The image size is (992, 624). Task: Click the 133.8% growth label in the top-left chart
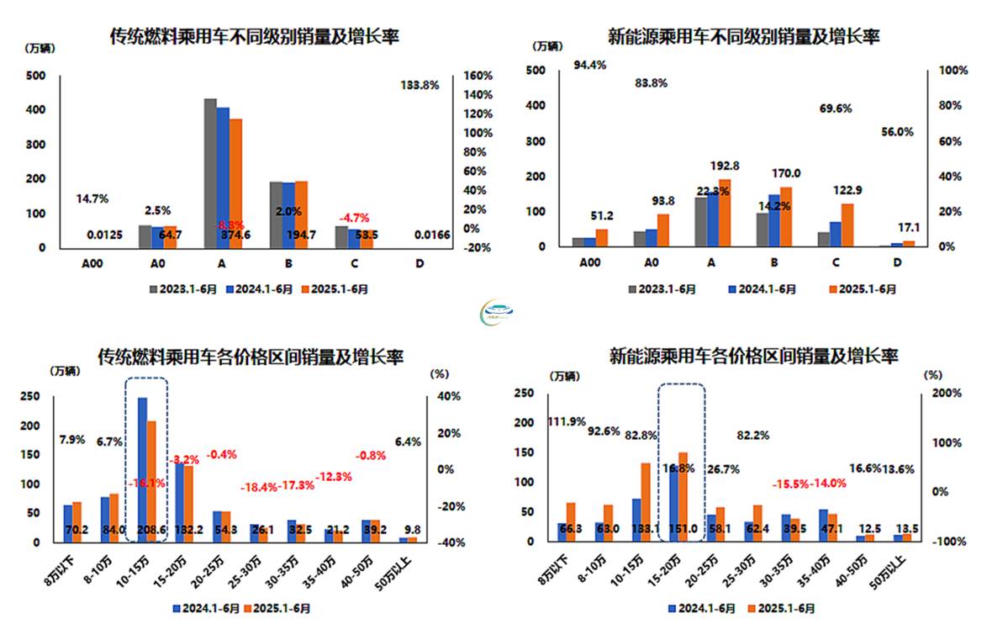point(419,85)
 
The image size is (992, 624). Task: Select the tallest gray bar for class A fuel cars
point(210,172)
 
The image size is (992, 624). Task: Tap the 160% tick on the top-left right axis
point(477,76)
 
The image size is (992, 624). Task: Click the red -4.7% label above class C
point(354,218)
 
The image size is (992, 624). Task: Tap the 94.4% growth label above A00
point(590,65)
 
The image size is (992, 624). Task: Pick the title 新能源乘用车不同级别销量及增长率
point(743,37)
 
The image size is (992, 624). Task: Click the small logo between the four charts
point(496,314)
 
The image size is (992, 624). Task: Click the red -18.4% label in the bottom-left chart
point(259,487)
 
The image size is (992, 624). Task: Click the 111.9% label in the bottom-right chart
point(567,421)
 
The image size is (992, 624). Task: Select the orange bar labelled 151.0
point(683,496)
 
